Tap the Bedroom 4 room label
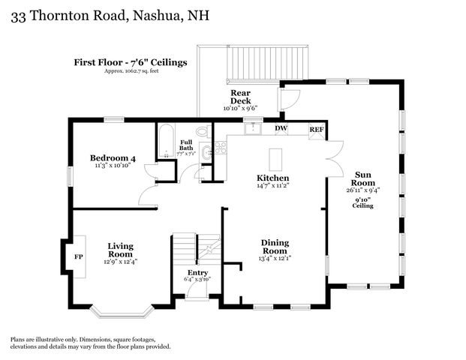(x=113, y=157)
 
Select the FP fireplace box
(x=78, y=256)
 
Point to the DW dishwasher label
(x=281, y=129)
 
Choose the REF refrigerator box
(x=317, y=129)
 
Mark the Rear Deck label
(x=241, y=97)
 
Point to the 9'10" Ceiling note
(x=363, y=202)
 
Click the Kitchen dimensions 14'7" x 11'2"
(x=273, y=186)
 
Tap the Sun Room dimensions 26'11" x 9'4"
(x=363, y=190)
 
